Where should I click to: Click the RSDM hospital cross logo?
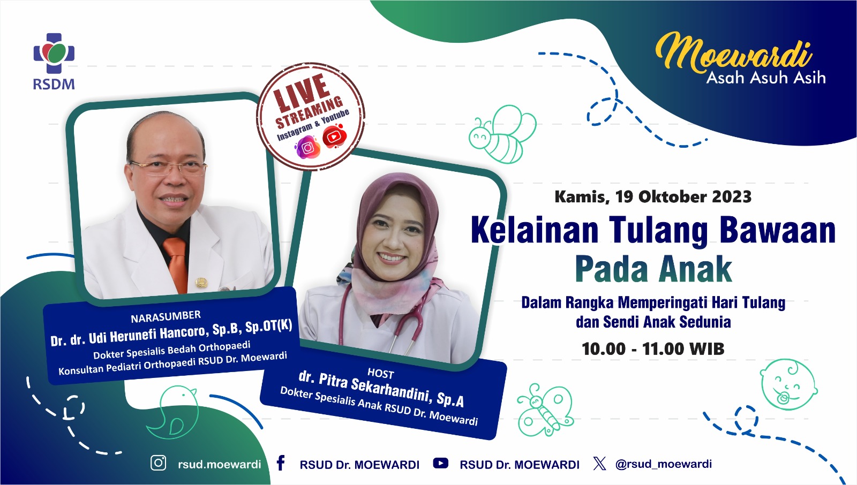click(54, 53)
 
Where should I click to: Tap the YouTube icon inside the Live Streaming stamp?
click(334, 136)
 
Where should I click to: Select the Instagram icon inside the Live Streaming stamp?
click(307, 147)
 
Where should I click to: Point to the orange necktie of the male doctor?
click(177, 264)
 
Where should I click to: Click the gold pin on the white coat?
click(201, 283)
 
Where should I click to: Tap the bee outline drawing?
click(502, 134)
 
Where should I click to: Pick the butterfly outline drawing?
click(545, 410)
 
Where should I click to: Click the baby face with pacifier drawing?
click(788, 384)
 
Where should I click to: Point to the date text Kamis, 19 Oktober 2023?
click(653, 197)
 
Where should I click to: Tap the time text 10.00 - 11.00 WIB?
click(653, 349)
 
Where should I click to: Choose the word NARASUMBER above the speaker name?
click(166, 317)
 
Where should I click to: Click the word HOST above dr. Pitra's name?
click(381, 373)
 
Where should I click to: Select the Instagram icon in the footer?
click(159, 463)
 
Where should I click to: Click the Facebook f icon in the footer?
click(281, 463)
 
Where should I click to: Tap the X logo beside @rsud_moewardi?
click(599, 464)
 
